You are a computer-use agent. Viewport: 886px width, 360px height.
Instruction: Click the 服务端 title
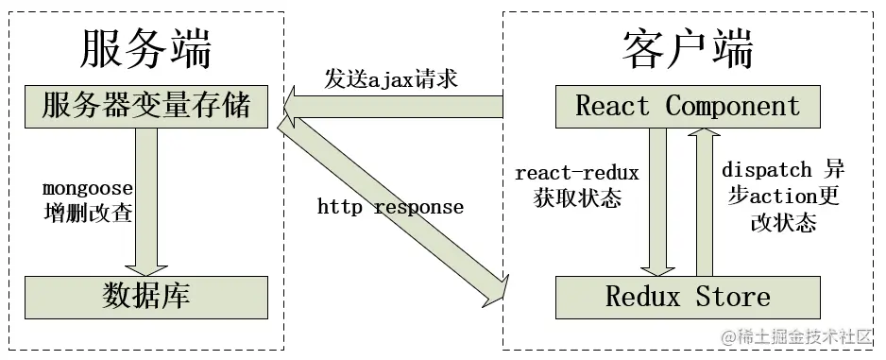point(146,47)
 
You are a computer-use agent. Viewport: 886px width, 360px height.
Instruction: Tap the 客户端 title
point(689,47)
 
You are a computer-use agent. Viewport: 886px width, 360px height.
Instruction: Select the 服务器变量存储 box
point(146,106)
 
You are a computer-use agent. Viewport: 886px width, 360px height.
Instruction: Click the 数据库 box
point(146,296)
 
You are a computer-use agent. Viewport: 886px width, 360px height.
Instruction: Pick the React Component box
point(688,106)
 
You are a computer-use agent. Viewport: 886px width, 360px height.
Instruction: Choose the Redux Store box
point(688,297)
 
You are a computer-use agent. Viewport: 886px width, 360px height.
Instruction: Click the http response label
point(390,206)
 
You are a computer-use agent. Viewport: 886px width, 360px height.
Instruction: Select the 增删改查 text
point(86,213)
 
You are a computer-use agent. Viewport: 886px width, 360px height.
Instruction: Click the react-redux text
point(577,173)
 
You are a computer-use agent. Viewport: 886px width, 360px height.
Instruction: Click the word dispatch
point(766,171)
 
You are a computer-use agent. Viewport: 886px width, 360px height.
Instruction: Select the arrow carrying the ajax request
point(397,106)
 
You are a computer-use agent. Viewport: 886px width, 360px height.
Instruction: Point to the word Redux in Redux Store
point(642,297)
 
